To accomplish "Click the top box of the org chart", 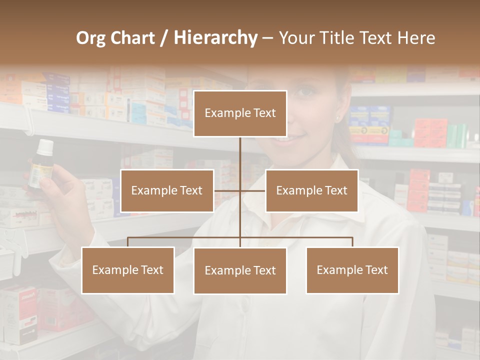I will (x=240, y=113).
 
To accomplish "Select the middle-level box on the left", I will (x=167, y=190).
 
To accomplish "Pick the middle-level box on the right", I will (x=311, y=190).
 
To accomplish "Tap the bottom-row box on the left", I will (x=128, y=270).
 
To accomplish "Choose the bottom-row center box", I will (x=240, y=270).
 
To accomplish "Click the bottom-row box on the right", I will (x=352, y=270).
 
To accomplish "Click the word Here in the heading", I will (x=416, y=38).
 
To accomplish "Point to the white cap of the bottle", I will (x=45, y=146).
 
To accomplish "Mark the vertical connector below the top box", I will (x=240, y=155).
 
